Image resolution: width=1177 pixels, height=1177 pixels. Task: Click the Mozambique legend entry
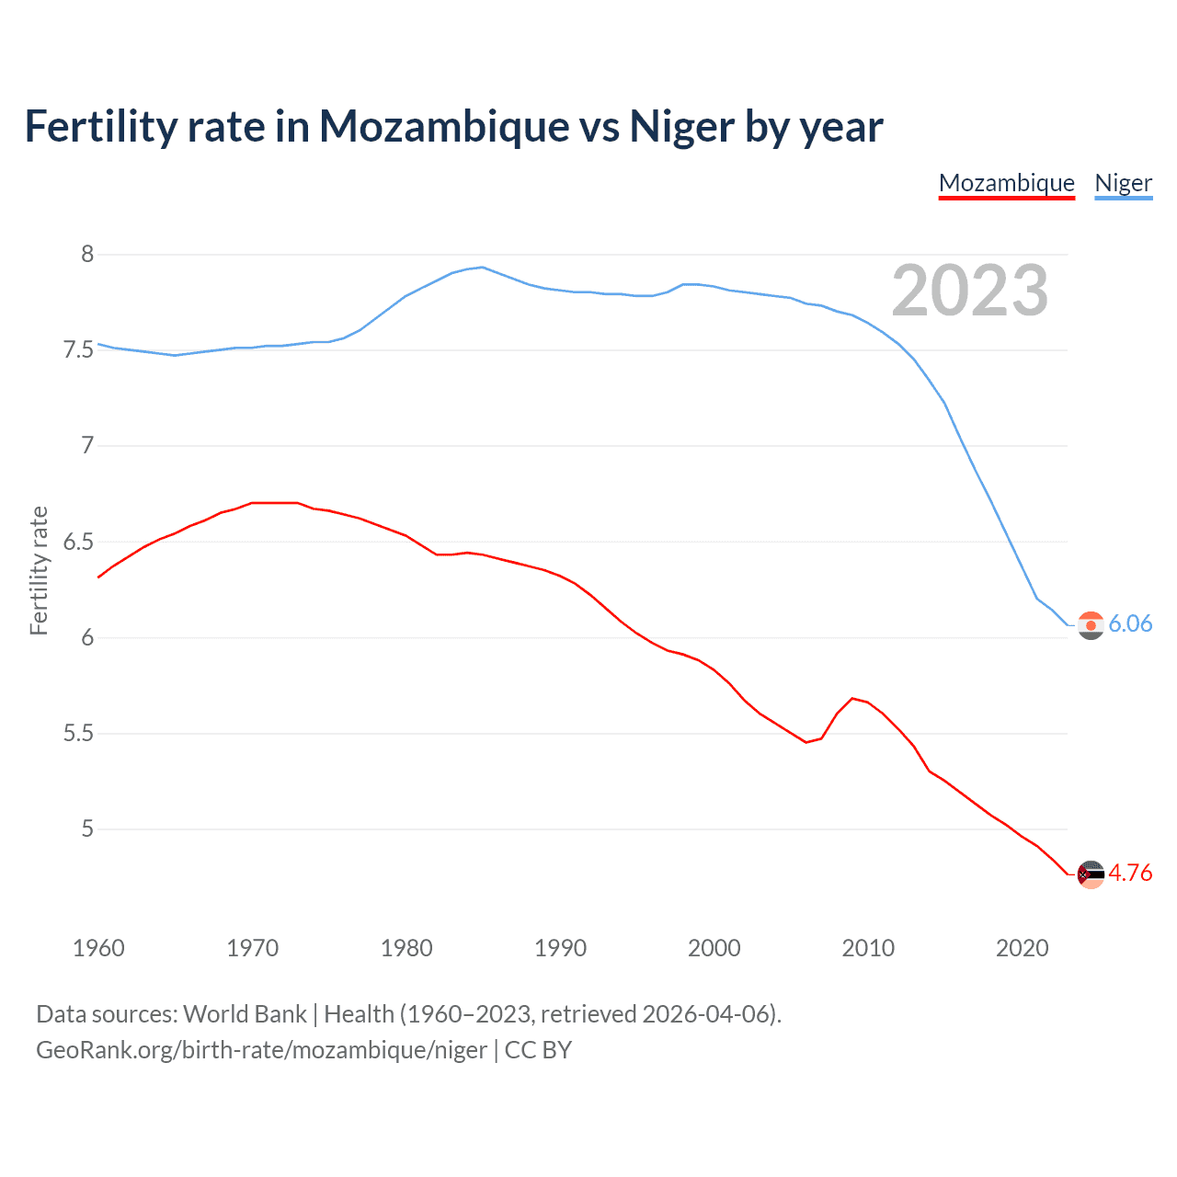(1006, 183)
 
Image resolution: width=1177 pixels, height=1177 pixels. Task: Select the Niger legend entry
(1123, 183)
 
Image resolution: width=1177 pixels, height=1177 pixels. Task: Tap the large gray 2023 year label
(970, 291)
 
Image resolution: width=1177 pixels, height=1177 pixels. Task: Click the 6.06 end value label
(1130, 624)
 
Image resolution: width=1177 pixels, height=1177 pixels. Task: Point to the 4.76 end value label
(1130, 874)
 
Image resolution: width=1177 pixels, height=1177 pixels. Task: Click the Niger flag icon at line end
(1091, 625)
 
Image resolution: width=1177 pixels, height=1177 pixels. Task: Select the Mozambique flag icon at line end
(1091, 874)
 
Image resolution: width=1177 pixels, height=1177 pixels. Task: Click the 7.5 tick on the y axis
(78, 350)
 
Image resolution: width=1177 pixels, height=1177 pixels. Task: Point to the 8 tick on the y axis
(87, 255)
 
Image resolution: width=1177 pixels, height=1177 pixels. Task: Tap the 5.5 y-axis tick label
(78, 734)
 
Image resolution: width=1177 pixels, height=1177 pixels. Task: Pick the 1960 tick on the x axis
(98, 948)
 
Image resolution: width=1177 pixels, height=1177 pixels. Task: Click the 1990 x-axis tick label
(560, 948)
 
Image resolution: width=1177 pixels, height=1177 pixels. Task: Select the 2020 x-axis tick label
(1022, 948)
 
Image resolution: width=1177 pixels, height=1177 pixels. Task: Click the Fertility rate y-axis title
(39, 570)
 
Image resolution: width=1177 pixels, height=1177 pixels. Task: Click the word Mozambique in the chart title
(444, 127)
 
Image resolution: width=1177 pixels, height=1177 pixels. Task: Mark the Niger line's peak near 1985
(483, 268)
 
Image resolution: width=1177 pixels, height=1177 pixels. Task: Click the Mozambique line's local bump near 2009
(852, 698)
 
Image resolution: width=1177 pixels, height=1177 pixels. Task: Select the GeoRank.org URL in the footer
(261, 1050)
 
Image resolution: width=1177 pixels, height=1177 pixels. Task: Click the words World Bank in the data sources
(245, 1014)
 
